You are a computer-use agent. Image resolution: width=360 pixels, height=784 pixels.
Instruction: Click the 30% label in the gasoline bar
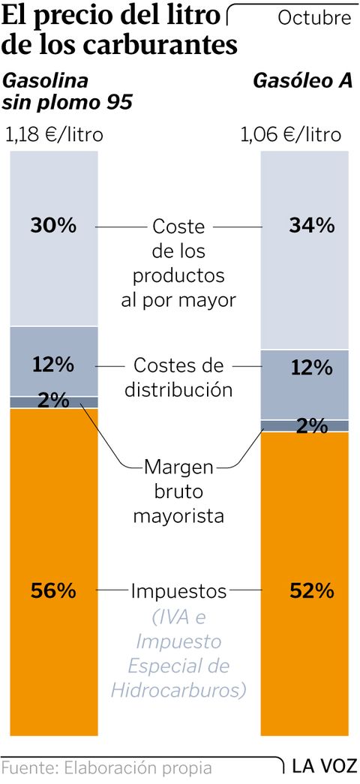(x=53, y=225)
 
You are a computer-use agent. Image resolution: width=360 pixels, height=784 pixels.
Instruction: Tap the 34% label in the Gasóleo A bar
(x=311, y=225)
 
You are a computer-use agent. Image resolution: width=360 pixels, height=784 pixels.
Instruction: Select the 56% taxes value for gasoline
(x=53, y=591)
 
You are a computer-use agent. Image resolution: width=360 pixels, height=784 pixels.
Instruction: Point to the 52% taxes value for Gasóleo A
(x=311, y=591)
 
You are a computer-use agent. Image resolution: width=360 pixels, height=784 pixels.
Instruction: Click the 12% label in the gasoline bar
(x=53, y=365)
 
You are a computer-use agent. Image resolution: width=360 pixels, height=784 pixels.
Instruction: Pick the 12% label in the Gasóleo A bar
(x=311, y=368)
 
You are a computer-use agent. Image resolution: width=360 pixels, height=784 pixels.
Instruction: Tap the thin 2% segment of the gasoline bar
(x=54, y=402)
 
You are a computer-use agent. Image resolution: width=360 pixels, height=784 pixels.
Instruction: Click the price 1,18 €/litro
(x=54, y=135)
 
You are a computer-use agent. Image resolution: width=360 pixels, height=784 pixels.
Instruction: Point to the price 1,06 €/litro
(x=290, y=135)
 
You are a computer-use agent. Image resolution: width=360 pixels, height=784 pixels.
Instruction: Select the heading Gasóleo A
(x=302, y=80)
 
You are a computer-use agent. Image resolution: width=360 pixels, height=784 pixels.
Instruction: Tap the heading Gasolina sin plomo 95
(x=67, y=91)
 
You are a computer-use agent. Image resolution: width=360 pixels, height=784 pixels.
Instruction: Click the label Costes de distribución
(x=178, y=377)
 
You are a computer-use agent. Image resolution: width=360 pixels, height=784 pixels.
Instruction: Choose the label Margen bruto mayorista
(x=178, y=491)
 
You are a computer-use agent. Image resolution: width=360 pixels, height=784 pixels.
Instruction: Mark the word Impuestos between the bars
(x=178, y=591)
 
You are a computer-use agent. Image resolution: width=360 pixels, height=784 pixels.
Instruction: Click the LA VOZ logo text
(x=322, y=767)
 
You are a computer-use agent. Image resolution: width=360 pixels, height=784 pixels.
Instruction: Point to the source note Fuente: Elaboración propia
(x=107, y=768)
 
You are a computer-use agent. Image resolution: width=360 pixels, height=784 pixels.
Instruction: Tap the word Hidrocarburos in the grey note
(x=178, y=689)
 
